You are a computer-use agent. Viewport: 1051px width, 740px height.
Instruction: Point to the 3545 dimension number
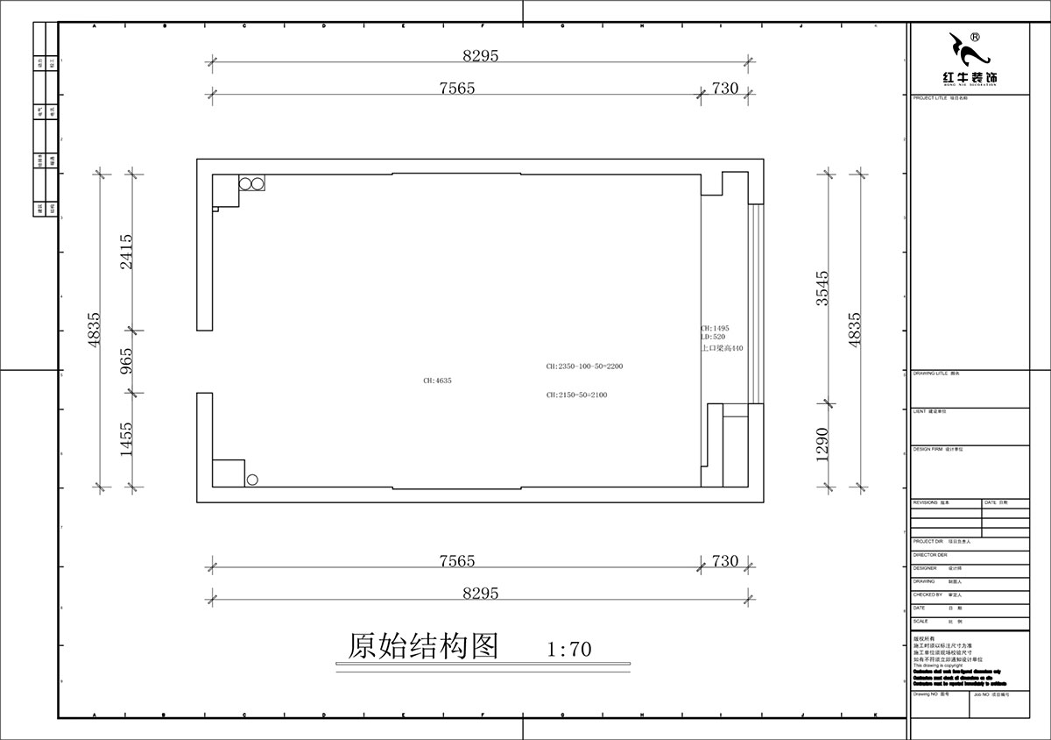point(821,287)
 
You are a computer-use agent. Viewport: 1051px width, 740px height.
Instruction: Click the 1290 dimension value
point(821,445)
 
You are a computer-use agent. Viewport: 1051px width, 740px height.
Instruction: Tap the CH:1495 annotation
point(715,328)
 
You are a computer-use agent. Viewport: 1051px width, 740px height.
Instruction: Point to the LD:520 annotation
point(712,337)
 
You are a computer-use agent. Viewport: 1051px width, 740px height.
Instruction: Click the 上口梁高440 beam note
point(722,348)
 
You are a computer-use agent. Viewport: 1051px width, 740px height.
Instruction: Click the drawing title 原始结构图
point(423,646)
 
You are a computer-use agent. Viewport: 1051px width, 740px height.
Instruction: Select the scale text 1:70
point(569,650)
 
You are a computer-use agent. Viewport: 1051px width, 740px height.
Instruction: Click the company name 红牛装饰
point(970,78)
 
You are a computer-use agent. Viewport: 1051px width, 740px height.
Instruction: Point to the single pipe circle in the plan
point(252,480)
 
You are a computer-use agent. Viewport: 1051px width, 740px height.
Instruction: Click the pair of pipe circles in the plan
point(252,184)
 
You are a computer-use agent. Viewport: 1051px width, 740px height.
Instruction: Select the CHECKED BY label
point(927,594)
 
